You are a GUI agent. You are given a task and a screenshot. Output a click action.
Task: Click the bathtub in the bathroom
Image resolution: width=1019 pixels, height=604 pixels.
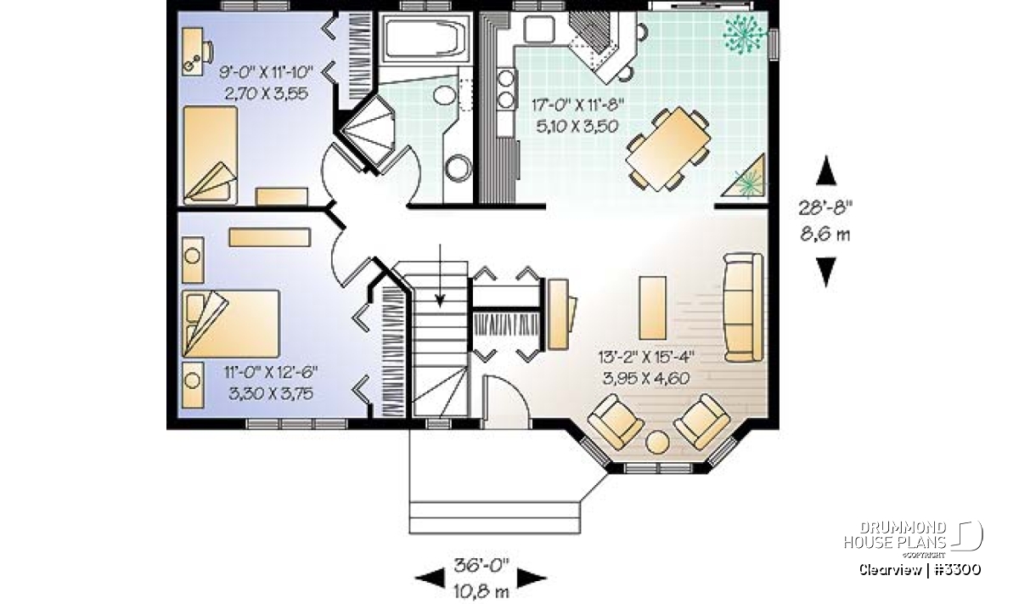pyautogui.click(x=425, y=39)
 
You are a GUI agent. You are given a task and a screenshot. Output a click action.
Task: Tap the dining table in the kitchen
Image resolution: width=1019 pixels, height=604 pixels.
pyautogui.click(x=668, y=149)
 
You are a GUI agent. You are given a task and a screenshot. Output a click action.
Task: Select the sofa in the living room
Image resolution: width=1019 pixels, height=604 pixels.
pyautogui.click(x=743, y=308)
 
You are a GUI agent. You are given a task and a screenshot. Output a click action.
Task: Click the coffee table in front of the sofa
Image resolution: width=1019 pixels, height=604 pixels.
pyautogui.click(x=652, y=308)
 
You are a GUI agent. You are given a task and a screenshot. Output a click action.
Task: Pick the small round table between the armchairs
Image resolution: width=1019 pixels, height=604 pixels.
pyautogui.click(x=657, y=442)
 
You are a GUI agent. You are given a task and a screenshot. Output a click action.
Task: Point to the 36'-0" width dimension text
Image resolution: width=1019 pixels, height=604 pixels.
pyautogui.click(x=481, y=565)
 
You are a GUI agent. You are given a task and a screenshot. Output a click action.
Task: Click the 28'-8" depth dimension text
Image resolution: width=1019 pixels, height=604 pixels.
pyautogui.click(x=825, y=208)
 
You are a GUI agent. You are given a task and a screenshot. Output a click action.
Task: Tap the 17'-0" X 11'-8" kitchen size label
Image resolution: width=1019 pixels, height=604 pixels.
pyautogui.click(x=577, y=105)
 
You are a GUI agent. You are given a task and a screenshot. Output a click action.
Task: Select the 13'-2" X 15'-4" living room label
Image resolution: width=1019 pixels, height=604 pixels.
pyautogui.click(x=646, y=358)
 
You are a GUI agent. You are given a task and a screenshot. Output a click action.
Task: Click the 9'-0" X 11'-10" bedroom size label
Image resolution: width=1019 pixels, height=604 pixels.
pyautogui.click(x=267, y=72)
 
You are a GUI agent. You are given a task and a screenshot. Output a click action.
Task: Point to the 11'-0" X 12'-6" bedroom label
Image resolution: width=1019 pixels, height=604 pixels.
pyautogui.click(x=271, y=372)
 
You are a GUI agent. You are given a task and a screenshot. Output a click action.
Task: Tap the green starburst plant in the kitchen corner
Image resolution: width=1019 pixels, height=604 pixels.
pyautogui.click(x=744, y=35)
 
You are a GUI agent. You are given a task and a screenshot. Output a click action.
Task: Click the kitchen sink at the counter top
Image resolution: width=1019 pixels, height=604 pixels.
pyautogui.click(x=539, y=30)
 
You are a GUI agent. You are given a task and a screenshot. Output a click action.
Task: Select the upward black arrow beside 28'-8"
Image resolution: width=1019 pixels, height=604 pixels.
pyautogui.click(x=826, y=170)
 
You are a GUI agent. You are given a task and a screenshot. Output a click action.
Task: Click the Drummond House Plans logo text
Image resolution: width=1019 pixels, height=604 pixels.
pyautogui.click(x=895, y=535)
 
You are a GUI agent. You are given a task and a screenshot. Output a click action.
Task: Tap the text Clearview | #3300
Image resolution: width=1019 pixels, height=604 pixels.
pyautogui.click(x=920, y=569)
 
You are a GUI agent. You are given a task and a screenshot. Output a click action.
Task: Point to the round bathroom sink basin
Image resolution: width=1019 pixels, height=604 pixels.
pyautogui.click(x=444, y=95)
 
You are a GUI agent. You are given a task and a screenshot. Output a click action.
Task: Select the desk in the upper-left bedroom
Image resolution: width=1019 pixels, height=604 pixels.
pyautogui.click(x=193, y=51)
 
